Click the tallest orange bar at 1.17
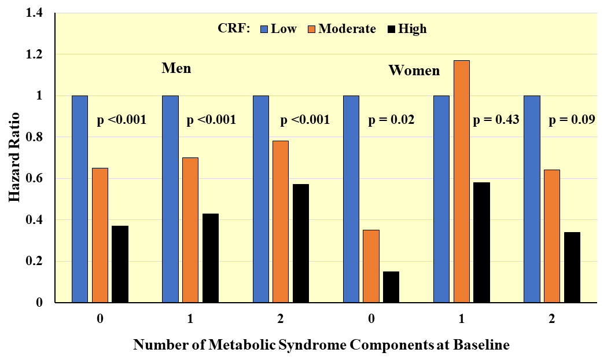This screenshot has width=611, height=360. (x=461, y=181)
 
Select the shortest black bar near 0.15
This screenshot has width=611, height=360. (x=391, y=287)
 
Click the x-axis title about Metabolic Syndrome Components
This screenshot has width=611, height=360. (x=321, y=346)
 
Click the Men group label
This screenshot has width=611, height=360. (x=176, y=68)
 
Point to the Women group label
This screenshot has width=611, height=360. (x=414, y=71)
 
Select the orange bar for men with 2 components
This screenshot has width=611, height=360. (x=281, y=222)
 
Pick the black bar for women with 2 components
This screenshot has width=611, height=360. (x=572, y=267)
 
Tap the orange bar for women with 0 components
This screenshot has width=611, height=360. (x=371, y=266)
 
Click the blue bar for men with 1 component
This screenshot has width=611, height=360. (x=170, y=199)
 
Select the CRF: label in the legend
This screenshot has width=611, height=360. (x=234, y=28)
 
